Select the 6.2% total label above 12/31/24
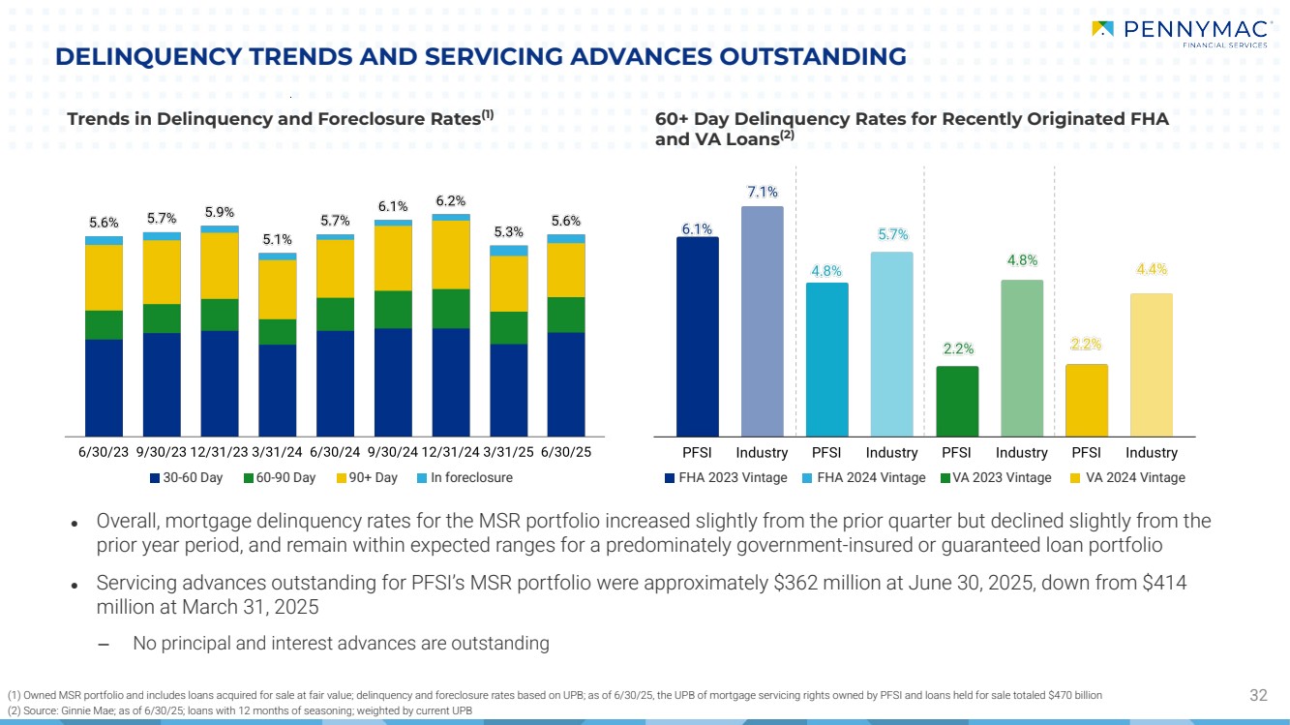click(x=451, y=200)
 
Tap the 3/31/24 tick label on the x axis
click(x=277, y=453)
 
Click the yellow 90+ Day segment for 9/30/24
click(x=393, y=257)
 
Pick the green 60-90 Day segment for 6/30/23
click(x=104, y=324)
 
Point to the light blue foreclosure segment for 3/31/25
click(x=509, y=251)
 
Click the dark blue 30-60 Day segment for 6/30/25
click(x=566, y=383)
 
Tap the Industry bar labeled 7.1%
click(x=762, y=320)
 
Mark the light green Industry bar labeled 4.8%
click(x=1022, y=357)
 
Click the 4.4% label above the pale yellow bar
click(x=1151, y=270)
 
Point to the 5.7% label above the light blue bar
click(x=891, y=234)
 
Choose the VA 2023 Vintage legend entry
click(x=995, y=478)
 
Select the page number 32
click(x=1258, y=694)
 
